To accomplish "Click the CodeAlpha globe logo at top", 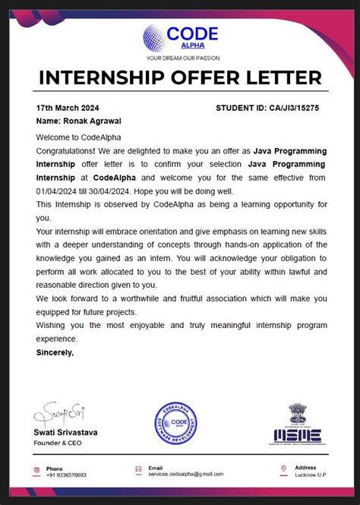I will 155,37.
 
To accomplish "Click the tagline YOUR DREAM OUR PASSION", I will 181,58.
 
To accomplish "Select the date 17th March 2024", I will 68,108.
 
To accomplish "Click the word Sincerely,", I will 55,352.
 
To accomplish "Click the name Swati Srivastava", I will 65,432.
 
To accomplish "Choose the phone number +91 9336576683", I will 66,475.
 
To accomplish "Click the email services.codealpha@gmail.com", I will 185,475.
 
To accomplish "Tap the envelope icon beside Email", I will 138,470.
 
